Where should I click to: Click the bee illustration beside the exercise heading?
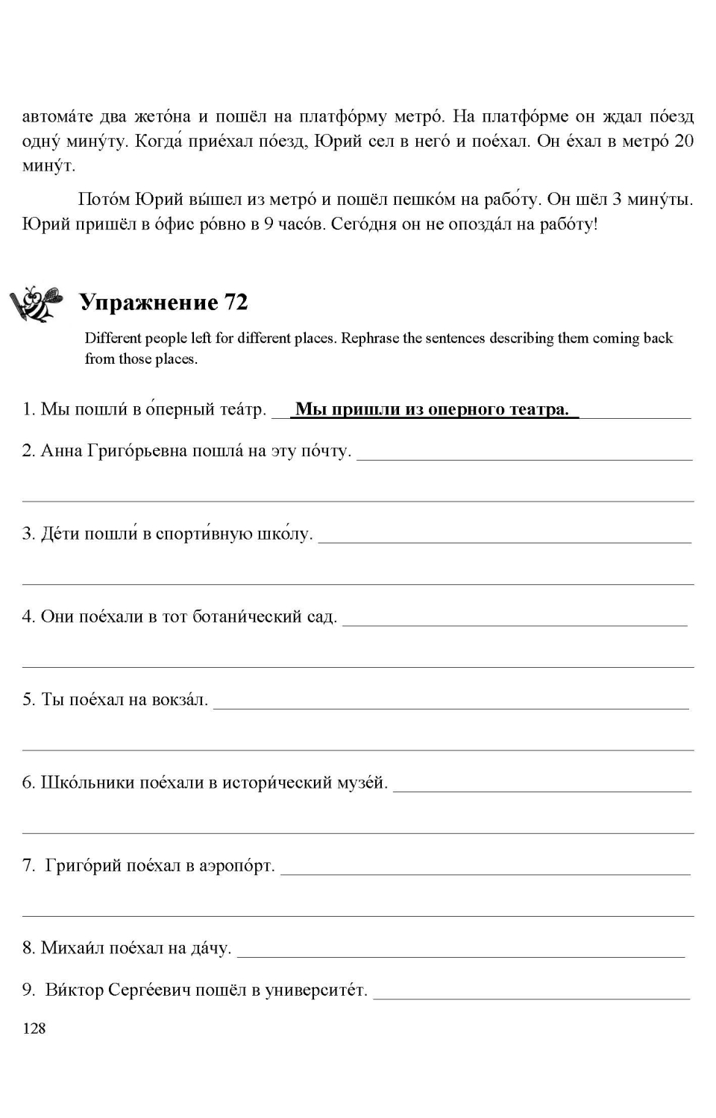pyautogui.click(x=34, y=303)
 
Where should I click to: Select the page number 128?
pyautogui.click(x=34, y=1029)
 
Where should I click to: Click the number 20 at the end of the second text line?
pyautogui.click(x=683, y=142)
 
